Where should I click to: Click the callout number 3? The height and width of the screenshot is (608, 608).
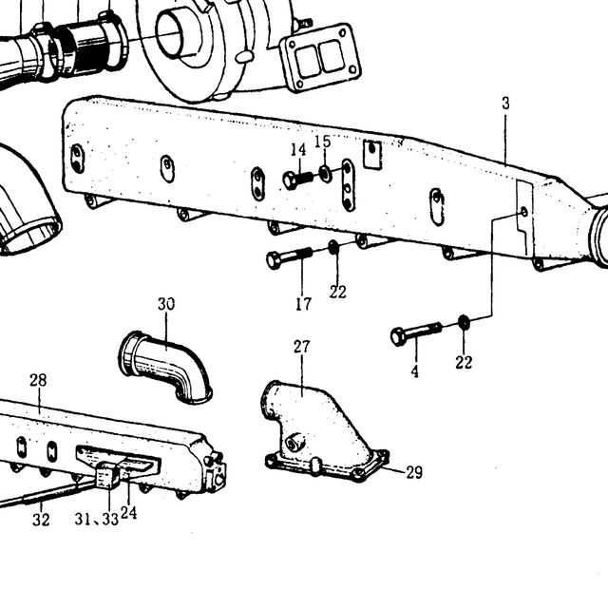[505, 104]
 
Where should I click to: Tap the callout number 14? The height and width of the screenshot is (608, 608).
[298, 150]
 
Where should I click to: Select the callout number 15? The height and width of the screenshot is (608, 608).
[323, 142]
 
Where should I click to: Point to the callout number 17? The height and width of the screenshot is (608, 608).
[303, 304]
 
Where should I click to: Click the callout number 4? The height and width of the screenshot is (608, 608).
[415, 371]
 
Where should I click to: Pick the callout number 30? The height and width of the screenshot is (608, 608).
[166, 304]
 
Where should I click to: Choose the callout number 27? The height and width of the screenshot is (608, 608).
[301, 346]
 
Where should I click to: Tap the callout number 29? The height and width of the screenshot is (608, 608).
[414, 472]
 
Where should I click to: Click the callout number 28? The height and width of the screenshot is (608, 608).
[38, 380]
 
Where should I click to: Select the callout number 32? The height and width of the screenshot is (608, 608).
[41, 520]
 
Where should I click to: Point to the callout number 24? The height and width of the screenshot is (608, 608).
[129, 513]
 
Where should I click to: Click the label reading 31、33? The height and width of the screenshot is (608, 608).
[97, 519]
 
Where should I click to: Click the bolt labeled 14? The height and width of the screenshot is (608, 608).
[297, 180]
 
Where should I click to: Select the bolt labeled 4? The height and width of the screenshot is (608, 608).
[416, 333]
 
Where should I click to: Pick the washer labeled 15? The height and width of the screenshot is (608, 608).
[325, 173]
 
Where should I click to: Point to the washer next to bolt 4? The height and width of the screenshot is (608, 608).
[463, 322]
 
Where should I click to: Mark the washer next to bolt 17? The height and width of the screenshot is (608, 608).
[333, 247]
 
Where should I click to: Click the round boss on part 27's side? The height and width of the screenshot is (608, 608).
[294, 442]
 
